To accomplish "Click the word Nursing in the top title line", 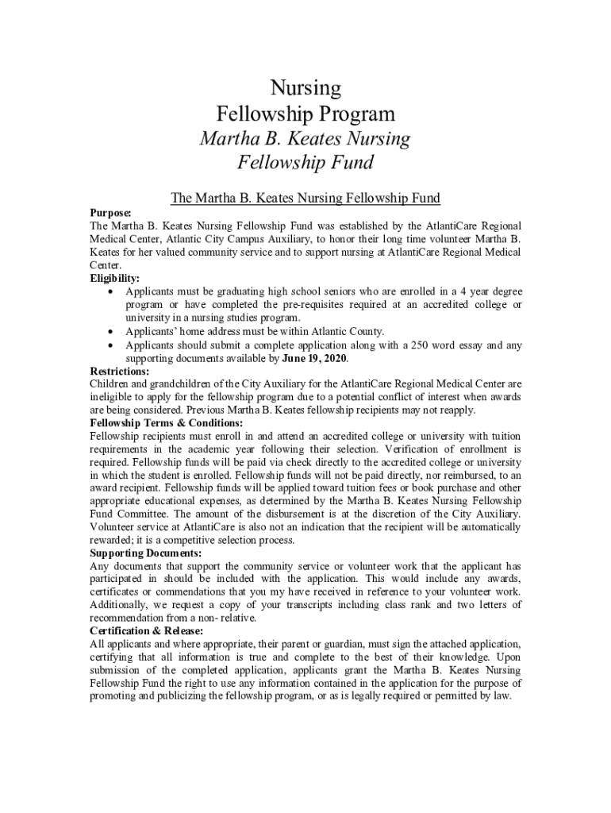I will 305,87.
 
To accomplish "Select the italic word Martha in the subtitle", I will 229,139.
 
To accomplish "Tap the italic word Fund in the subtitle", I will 348,164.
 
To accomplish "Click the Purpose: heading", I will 110,213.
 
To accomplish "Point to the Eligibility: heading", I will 114,279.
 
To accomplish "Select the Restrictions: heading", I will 120,371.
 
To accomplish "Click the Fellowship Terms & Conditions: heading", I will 166,423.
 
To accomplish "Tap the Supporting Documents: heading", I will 145,553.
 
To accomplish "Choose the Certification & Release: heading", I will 147,630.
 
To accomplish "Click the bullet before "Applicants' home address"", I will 110,332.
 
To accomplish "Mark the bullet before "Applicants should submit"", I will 110,345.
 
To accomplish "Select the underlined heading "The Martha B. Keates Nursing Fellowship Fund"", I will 305,198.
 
